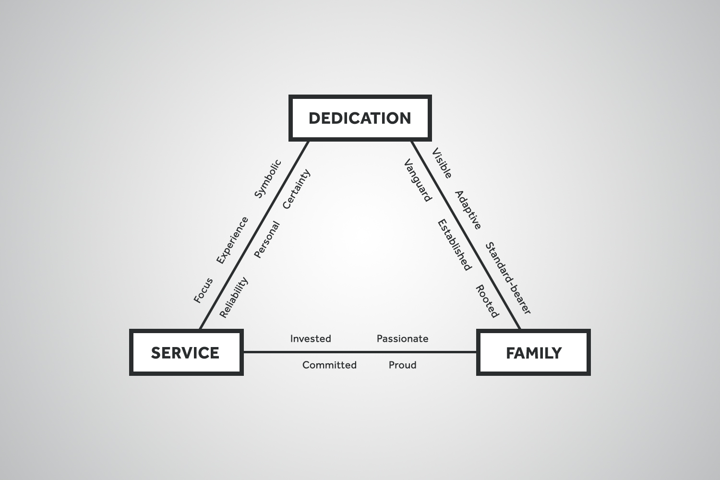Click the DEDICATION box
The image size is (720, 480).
click(360, 118)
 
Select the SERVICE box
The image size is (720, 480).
click(186, 353)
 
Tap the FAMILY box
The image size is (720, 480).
click(533, 353)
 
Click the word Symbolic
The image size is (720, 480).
click(267, 179)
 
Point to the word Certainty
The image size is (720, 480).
click(297, 189)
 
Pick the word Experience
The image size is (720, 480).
click(232, 240)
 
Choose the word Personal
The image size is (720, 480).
click(266, 240)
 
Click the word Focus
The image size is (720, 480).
click(203, 290)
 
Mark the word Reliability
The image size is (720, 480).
click(234, 297)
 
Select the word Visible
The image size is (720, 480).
click(442, 164)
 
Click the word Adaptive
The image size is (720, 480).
click(468, 210)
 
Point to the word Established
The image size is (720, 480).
click(454, 245)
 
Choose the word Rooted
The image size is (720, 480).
click(487, 301)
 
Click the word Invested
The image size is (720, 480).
click(311, 339)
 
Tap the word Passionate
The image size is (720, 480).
click(402, 339)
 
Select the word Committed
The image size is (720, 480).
click(329, 365)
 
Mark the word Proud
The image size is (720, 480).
click(402, 365)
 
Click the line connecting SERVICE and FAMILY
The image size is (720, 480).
click(360, 352)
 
